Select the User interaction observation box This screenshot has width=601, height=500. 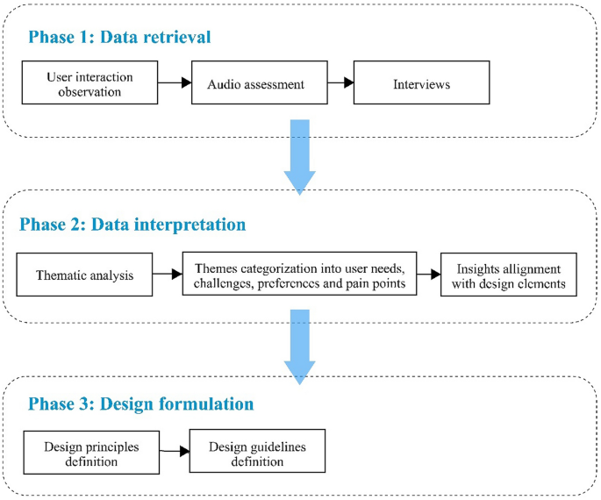click(89, 82)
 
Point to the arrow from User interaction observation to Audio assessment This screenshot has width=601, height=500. click(174, 83)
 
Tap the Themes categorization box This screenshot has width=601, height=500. click(298, 275)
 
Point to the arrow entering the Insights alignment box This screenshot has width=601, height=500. click(428, 275)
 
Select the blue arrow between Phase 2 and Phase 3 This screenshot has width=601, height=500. click(300, 346)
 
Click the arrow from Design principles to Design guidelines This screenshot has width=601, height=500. click(174, 451)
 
